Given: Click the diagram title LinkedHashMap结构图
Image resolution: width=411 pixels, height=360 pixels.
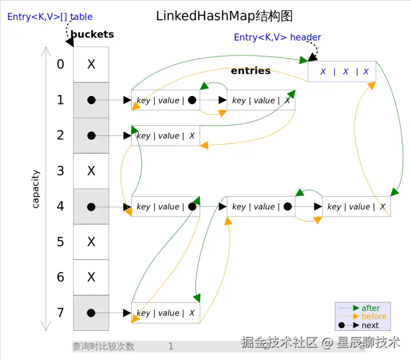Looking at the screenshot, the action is click(x=224, y=16).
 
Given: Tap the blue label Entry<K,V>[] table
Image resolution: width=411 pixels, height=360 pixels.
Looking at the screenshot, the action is click(x=50, y=17).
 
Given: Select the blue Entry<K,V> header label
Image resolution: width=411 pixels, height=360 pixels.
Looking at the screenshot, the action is click(x=277, y=37).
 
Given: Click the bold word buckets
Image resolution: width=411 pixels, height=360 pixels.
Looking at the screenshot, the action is click(x=92, y=34).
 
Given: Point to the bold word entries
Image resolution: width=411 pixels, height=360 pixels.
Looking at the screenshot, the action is click(x=251, y=71).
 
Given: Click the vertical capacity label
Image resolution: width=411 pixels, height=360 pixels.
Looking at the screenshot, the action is click(x=35, y=189).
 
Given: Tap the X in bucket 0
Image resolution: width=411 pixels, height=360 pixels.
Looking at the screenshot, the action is click(x=91, y=64).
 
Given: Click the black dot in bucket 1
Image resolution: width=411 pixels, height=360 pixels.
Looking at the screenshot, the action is click(x=91, y=100).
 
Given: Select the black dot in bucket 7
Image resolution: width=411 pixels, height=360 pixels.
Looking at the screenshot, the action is click(x=91, y=313).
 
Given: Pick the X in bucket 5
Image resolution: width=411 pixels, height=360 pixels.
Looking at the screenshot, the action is click(x=91, y=242).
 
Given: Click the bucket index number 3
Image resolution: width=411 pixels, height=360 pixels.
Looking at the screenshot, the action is click(x=61, y=171).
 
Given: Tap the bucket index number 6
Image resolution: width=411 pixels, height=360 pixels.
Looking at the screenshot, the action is click(x=61, y=277).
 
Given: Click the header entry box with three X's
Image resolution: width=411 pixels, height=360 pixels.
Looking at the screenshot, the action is click(x=342, y=71).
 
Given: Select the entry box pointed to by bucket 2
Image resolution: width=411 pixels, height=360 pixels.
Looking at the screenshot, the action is click(x=166, y=135).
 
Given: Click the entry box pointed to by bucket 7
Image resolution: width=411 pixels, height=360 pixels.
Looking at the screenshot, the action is click(x=166, y=313).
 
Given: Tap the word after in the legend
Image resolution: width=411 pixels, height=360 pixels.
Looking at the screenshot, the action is click(x=370, y=308).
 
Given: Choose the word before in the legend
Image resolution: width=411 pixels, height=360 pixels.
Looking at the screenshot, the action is click(x=374, y=316).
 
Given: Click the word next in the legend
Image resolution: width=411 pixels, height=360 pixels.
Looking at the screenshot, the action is click(x=370, y=325).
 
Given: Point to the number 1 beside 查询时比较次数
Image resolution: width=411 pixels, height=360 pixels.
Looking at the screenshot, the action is click(x=171, y=346).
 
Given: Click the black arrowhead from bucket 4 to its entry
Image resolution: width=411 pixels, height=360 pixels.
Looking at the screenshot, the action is click(x=127, y=207).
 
